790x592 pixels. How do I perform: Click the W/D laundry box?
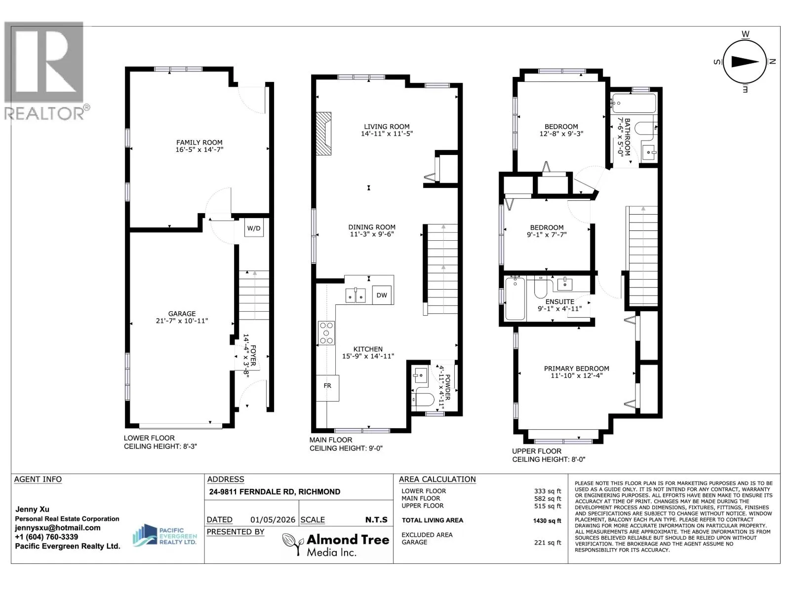[254, 228]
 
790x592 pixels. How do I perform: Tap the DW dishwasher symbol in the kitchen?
[382, 295]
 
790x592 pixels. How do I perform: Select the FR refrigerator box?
[327, 388]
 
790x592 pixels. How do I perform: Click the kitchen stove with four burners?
[326, 333]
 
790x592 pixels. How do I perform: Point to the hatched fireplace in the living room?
[323, 133]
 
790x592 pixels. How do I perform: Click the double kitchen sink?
[355, 296]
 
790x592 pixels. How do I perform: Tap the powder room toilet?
[424, 399]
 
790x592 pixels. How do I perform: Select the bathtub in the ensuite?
[515, 298]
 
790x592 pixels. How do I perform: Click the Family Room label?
[199, 143]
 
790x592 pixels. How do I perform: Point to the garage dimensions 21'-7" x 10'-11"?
[182, 321]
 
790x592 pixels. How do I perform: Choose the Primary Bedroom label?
[576, 369]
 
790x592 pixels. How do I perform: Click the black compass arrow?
[745, 62]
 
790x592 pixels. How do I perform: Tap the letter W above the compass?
[746, 34]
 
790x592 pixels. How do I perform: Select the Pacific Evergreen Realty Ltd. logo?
[164, 535]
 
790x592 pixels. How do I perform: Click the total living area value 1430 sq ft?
[547, 520]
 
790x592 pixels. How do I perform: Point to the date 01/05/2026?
[273, 520]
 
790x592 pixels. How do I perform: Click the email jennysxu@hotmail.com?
[58, 528]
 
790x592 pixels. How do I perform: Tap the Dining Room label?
[372, 227]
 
